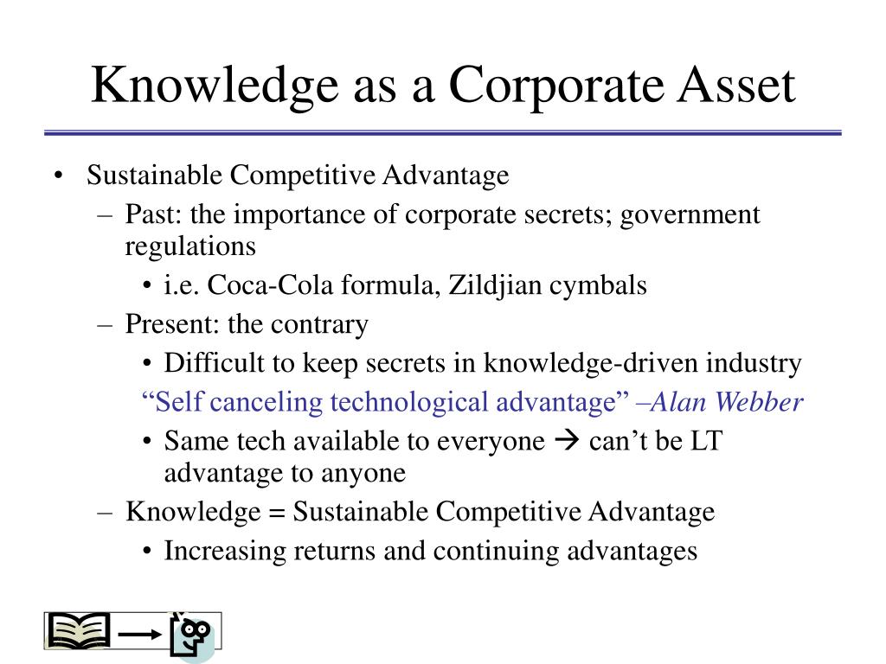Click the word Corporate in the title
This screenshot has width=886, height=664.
[556, 86]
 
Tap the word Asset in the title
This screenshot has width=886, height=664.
[737, 85]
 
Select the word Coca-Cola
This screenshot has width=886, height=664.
[270, 284]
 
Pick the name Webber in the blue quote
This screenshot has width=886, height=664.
[759, 402]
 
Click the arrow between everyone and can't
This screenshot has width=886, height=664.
[568, 440]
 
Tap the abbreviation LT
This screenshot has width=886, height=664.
[706, 441]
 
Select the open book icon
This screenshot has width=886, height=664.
[79, 630]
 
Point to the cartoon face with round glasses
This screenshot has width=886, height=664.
[193, 635]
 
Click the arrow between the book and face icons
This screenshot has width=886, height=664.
[140, 635]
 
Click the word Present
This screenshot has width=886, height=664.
[164, 324]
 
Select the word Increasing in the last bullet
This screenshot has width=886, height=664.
[225, 552]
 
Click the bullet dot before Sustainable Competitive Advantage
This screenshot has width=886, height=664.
[58, 176]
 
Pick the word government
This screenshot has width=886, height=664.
[690, 215]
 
